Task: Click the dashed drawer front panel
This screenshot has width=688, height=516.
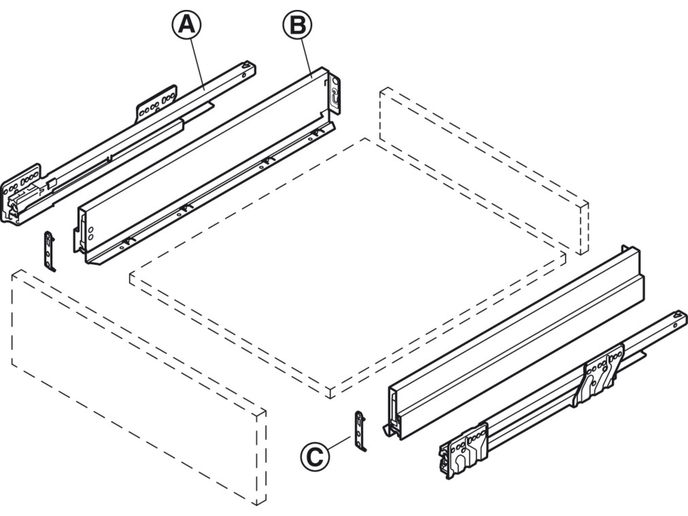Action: [x=139, y=387]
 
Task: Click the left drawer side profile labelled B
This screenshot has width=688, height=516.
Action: [x=207, y=166]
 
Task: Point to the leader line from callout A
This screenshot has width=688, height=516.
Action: [x=198, y=64]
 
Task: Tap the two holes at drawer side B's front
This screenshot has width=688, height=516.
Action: [x=91, y=233]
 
